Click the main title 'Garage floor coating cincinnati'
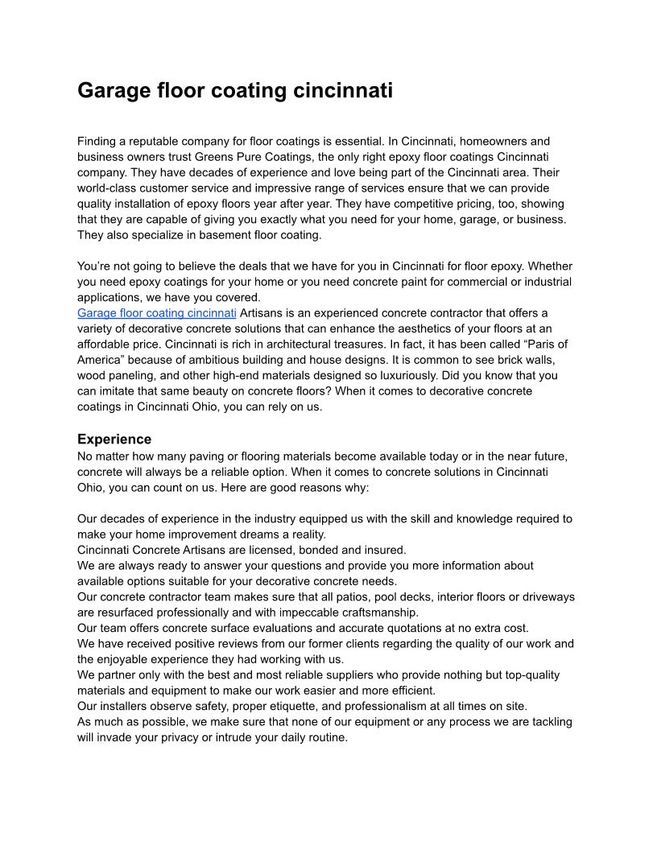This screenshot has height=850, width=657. (x=235, y=90)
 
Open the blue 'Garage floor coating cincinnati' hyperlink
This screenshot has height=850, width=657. (x=157, y=312)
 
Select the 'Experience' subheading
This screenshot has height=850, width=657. (x=114, y=439)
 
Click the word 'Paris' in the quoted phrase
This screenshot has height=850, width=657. (x=543, y=344)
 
